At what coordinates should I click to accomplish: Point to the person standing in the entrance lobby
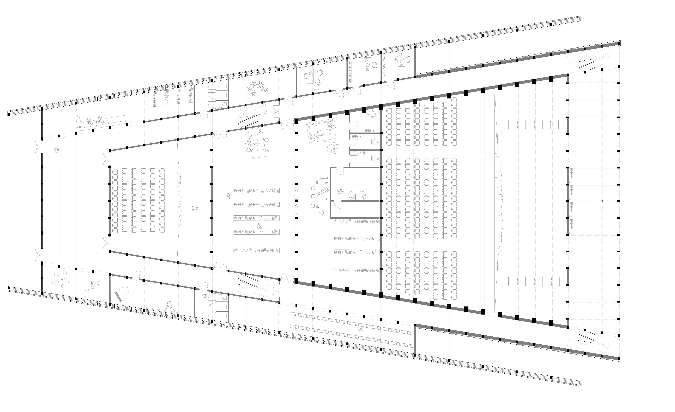coord(57,150)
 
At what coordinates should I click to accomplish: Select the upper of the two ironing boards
coord(297,194)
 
